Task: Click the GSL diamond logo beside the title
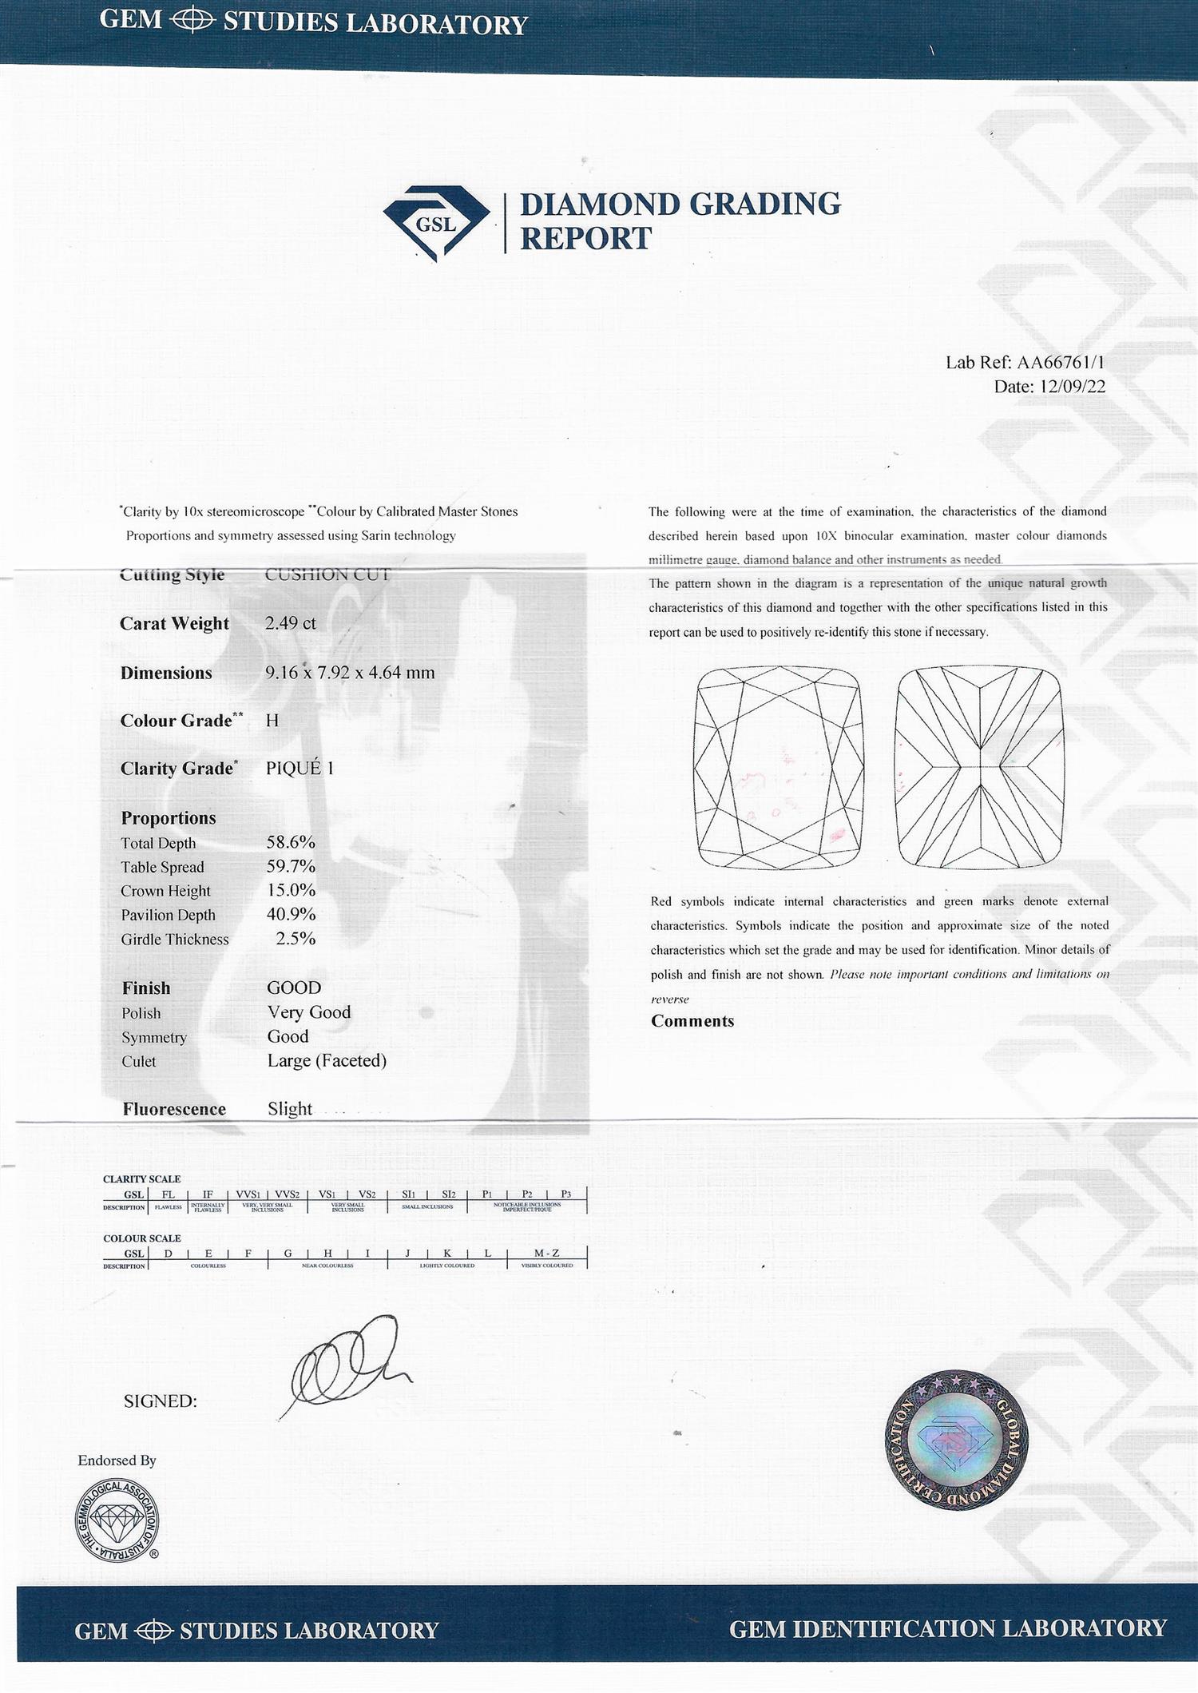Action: click(x=436, y=223)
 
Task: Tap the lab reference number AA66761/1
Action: click(x=1061, y=362)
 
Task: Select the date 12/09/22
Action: click(x=1073, y=387)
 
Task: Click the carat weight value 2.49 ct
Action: click(x=291, y=623)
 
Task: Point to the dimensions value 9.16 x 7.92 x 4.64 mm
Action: click(x=350, y=672)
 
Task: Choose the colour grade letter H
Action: click(x=272, y=721)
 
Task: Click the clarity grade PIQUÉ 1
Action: click(x=299, y=768)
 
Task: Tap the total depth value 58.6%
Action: click(x=291, y=842)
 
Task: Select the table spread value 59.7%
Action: click(x=291, y=866)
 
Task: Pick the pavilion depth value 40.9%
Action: click(x=291, y=914)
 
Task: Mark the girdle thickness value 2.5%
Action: click(x=296, y=939)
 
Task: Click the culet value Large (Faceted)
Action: click(x=327, y=1060)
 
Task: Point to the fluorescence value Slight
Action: click(x=290, y=1109)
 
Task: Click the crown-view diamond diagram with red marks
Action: click(x=779, y=767)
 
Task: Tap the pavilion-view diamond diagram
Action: click(x=980, y=767)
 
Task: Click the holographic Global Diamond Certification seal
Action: click(x=957, y=1441)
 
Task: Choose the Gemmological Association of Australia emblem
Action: click(x=117, y=1520)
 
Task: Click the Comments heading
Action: click(x=692, y=1021)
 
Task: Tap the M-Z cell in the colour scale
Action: click(x=546, y=1253)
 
